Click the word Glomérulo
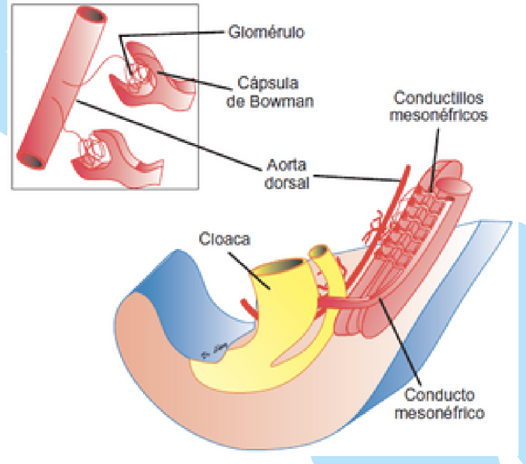coord(266,32)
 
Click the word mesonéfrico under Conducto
coord(442,414)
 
